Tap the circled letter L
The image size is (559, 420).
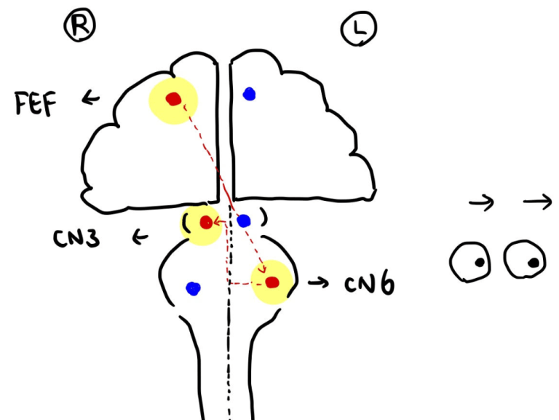357,30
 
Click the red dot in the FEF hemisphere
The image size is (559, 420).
173,99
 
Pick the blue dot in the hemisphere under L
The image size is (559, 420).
249,93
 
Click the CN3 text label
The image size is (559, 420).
77,237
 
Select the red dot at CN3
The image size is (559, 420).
206,223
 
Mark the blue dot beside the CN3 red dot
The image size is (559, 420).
244,220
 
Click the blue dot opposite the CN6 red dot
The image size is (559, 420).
192,289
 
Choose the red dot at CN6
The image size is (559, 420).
271,282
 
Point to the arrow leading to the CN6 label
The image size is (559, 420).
317,281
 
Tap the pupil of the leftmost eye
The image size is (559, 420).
479,262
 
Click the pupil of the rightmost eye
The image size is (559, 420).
534,262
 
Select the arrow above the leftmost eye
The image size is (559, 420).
482,205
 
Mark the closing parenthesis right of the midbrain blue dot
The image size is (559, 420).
263,218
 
